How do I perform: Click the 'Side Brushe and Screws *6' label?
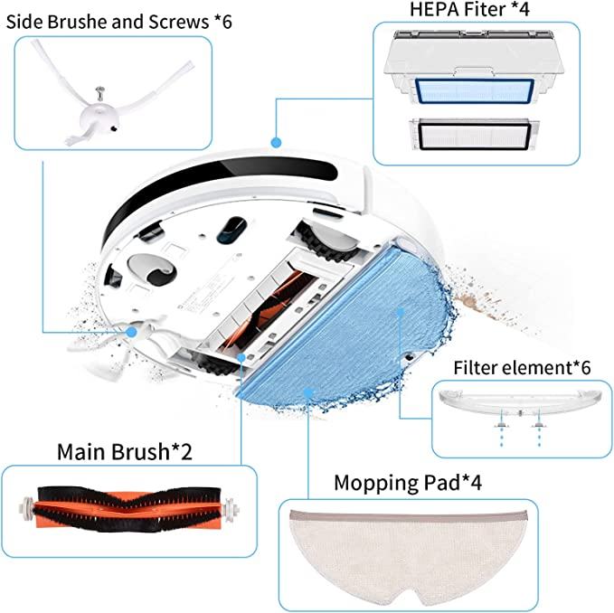click(119, 22)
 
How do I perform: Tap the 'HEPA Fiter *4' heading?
click(469, 9)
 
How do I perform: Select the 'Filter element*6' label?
click(522, 368)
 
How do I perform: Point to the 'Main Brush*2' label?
click(125, 451)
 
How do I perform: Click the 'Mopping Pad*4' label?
click(408, 482)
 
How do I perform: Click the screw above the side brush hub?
click(101, 93)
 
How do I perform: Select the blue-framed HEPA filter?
click(474, 91)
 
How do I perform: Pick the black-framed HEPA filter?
click(474, 135)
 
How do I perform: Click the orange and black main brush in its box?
click(128, 509)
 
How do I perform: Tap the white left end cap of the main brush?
click(26, 508)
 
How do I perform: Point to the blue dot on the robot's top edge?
click(276, 142)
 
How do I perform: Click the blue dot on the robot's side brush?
click(132, 333)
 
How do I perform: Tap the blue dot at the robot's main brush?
click(241, 357)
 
